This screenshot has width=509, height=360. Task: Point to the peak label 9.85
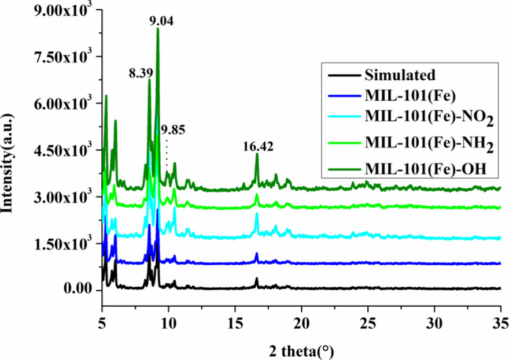click(x=174, y=129)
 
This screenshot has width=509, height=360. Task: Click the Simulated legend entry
click(x=400, y=75)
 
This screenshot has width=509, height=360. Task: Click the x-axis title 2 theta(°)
click(x=301, y=350)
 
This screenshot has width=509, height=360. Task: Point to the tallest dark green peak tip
click(x=157, y=28)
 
